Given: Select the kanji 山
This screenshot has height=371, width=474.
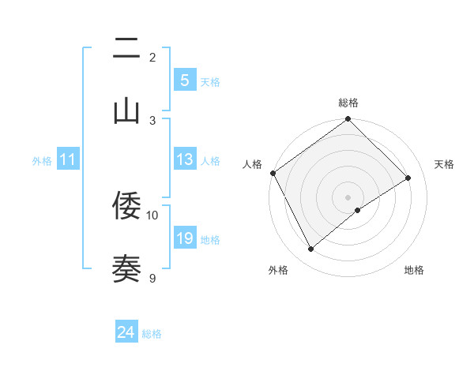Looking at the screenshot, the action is click(126, 111).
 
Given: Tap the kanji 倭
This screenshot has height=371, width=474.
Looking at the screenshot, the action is click(126, 206).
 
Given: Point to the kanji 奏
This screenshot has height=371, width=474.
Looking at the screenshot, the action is click(126, 268).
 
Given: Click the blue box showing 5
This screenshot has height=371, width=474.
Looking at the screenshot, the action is click(184, 81).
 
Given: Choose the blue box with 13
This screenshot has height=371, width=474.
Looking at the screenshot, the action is click(184, 159).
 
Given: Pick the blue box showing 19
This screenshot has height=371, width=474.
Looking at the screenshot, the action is click(184, 238).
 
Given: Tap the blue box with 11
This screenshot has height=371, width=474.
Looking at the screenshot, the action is click(68, 159).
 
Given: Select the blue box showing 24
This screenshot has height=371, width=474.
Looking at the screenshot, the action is click(126, 333).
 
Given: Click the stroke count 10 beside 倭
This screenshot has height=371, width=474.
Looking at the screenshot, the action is click(152, 215).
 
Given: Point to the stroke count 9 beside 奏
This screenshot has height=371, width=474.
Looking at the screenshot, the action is click(152, 277).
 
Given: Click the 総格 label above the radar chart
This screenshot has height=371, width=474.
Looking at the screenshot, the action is click(348, 103).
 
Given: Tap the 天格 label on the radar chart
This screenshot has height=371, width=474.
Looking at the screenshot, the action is click(444, 164).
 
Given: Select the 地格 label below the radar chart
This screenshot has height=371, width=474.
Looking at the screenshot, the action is click(414, 270).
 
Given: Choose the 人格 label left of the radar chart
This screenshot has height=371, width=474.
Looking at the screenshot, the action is click(252, 164).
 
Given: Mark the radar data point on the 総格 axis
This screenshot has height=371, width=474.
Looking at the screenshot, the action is click(348, 120).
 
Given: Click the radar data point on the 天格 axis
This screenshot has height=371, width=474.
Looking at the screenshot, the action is click(408, 178).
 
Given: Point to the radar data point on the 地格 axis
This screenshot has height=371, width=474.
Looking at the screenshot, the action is click(358, 210).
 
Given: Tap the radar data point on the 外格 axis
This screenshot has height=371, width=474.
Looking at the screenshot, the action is click(310, 249).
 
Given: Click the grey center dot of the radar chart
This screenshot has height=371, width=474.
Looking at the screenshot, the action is click(348, 197).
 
